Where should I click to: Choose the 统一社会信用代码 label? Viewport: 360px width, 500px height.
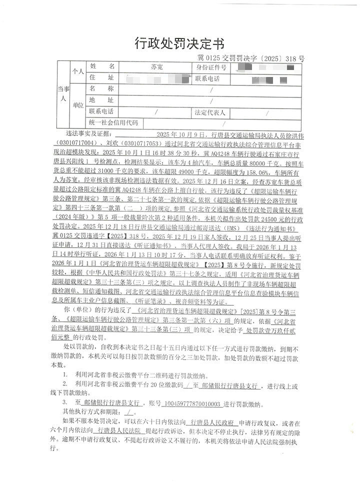114,122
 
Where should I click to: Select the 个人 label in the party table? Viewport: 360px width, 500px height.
77,71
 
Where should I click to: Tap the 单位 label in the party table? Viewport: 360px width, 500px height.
77,105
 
